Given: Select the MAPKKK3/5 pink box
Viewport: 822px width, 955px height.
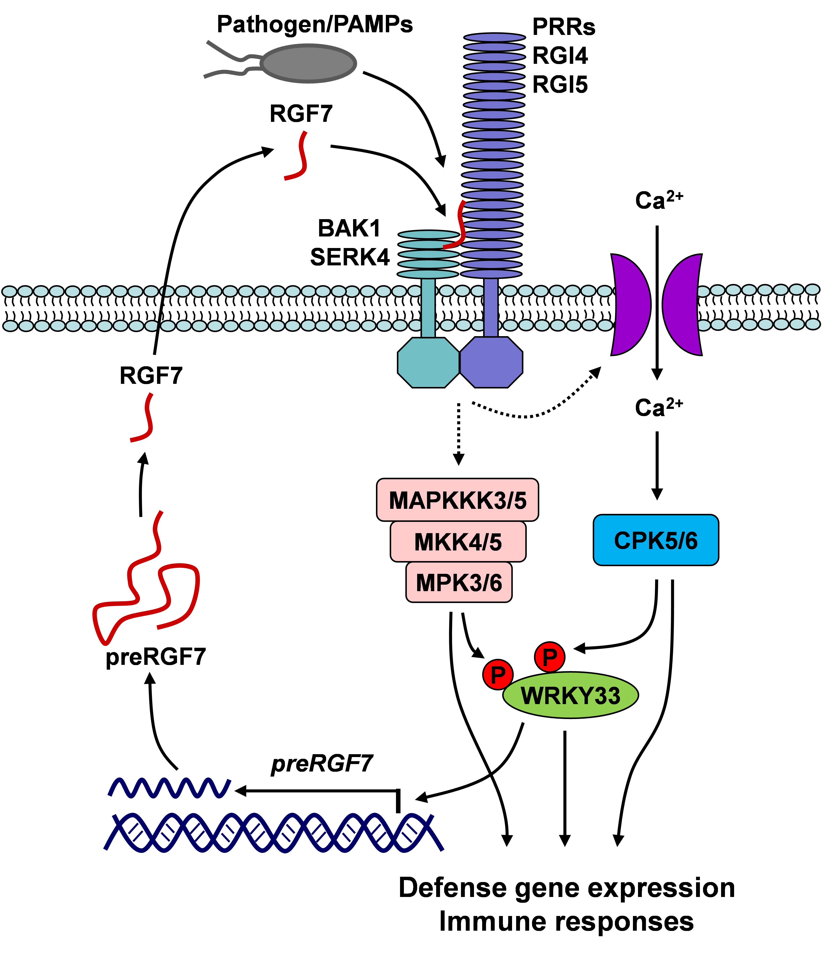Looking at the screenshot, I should [x=457, y=500].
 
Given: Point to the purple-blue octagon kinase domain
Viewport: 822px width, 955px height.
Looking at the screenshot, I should [x=492, y=362].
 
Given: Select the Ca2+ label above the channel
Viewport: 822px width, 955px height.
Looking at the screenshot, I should [x=658, y=201].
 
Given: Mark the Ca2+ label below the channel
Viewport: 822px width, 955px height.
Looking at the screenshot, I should [x=658, y=407].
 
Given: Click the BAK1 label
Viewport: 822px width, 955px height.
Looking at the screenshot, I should [x=349, y=228].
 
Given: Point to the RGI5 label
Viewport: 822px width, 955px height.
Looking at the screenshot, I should [x=560, y=85].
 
